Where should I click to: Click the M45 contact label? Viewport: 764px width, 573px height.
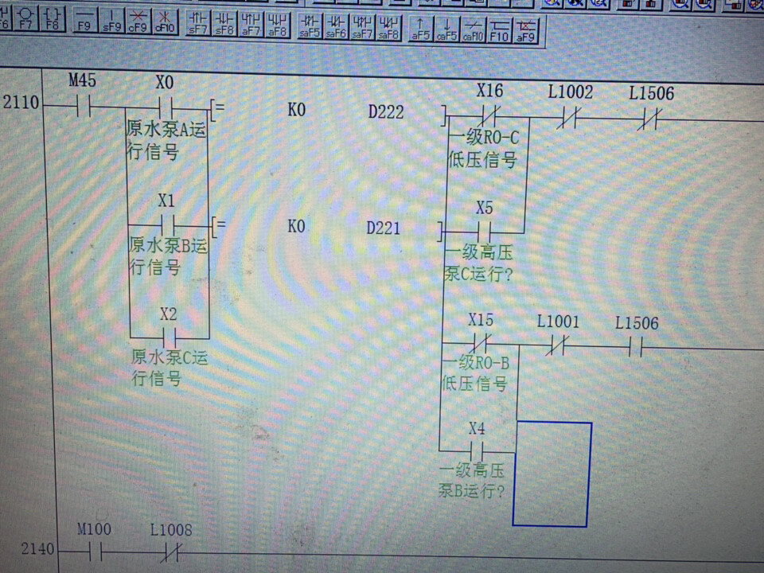coord(81,80)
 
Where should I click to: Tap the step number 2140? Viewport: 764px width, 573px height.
coord(37,548)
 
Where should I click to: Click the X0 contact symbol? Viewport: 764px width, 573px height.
coord(166,106)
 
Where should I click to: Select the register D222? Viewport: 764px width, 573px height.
coord(385,112)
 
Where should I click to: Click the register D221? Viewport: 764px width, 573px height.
coord(384,228)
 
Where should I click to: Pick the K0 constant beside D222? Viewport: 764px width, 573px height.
coord(296,111)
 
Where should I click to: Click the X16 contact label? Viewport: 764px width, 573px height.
coord(489,91)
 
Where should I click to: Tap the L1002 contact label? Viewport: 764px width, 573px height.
coord(570,92)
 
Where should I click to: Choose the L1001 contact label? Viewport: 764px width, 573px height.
coord(558,322)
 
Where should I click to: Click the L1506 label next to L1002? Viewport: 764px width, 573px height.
coord(651,93)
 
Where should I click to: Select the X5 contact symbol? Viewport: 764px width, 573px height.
coord(484,232)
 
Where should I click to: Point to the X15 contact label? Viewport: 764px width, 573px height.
coord(481,321)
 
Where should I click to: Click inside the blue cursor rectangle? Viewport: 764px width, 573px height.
coord(552,474)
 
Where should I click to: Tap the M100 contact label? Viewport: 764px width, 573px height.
coord(94,529)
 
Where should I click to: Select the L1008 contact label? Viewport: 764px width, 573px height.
coord(170,529)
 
